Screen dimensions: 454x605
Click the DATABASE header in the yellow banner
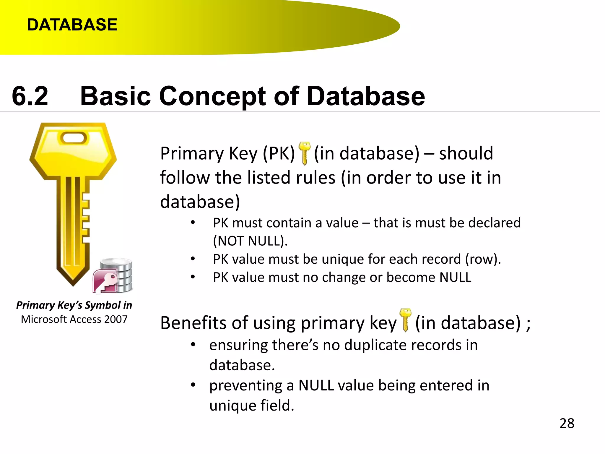coord(72,25)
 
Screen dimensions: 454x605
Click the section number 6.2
coord(30,96)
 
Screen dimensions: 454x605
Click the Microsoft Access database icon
coord(113,276)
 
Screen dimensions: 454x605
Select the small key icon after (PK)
coord(304,153)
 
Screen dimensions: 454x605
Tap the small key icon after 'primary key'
coord(405,320)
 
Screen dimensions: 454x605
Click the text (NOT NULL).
coord(250,241)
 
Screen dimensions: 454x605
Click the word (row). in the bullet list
coord(483,259)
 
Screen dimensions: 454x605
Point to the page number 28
coord(567,423)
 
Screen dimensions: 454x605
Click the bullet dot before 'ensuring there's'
coord(193,344)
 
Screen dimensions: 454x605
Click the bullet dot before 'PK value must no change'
coord(193,277)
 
